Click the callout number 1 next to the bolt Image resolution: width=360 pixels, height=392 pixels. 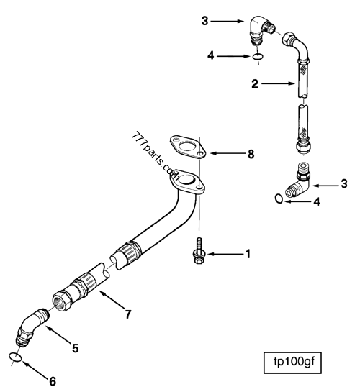tap(248, 254)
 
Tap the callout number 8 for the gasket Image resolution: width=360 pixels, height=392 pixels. tap(251, 153)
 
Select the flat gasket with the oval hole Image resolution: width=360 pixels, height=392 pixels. tap(187, 148)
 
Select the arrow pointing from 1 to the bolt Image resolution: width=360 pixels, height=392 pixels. tap(225, 254)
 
